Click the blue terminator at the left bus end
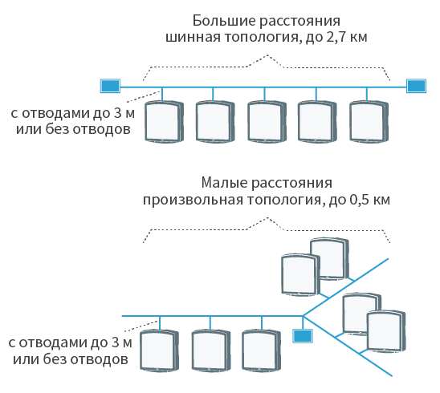pos(110,86)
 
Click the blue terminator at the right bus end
pos(416,86)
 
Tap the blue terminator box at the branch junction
pos(303,336)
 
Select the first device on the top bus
pos(164,122)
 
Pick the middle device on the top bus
pos(267,122)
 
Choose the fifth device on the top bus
pos(369,122)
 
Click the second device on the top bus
pos(215,122)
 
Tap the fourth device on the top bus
pos(317,122)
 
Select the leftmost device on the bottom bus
pos(160,350)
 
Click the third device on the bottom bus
pos(262,350)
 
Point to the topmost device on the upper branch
pos(330,259)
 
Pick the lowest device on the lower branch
pos(386,331)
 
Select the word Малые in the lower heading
pos(224,183)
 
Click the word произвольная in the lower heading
pos(193,201)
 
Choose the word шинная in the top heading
pos(193,38)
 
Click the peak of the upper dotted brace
pos(267,55)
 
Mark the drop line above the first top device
pos(162,94)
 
